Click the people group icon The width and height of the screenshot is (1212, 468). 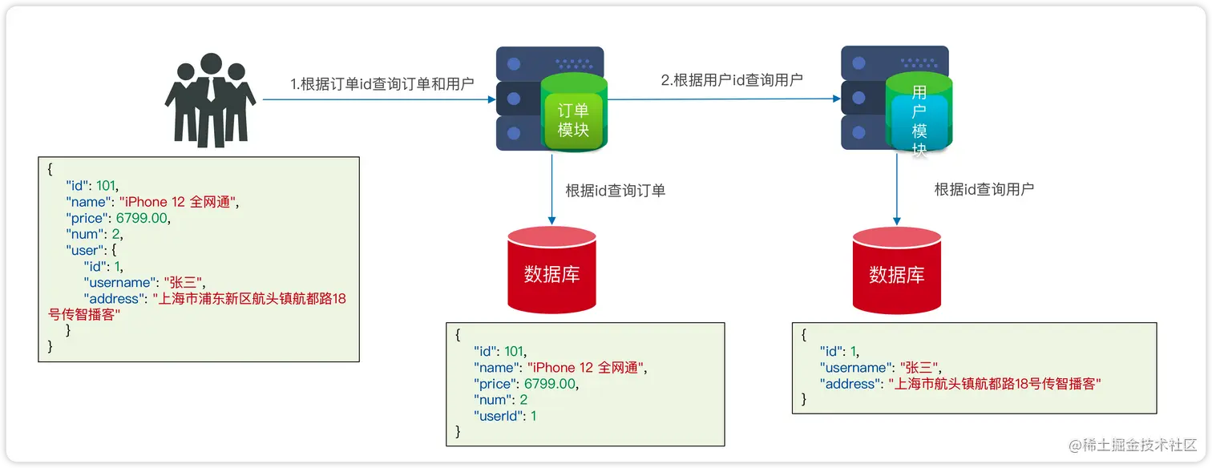pyautogui.click(x=210, y=102)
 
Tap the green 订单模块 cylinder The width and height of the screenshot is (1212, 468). pyautogui.click(x=573, y=112)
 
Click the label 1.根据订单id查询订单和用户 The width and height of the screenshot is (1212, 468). pyautogui.click(x=382, y=84)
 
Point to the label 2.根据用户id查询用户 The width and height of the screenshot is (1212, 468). pyautogui.click(x=732, y=79)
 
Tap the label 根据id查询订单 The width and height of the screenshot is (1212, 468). pyautogui.click(x=616, y=190)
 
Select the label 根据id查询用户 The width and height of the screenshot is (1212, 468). pyautogui.click(x=984, y=190)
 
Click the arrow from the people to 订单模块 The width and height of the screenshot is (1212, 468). pyautogui.click(x=377, y=100)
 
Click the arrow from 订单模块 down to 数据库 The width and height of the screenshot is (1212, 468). pyautogui.click(x=551, y=188)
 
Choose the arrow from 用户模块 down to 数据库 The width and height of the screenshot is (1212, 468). pyautogui.click(x=896, y=188)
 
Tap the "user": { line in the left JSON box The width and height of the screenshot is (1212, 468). pyautogui.click(x=92, y=250)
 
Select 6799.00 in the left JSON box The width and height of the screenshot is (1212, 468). pyautogui.click(x=143, y=218)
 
